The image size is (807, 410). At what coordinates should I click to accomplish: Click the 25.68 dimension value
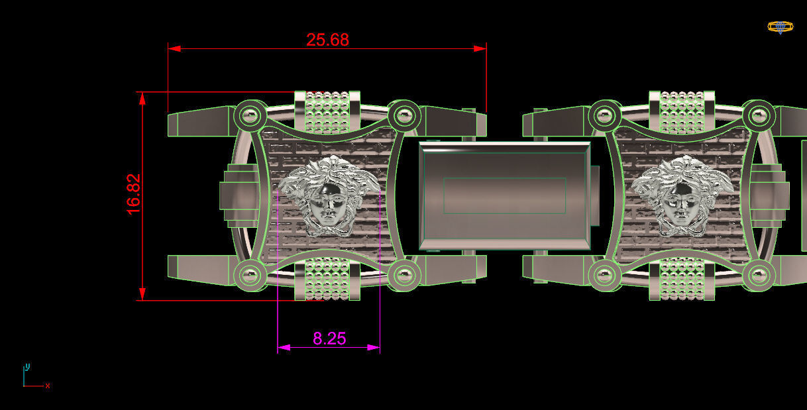(327, 40)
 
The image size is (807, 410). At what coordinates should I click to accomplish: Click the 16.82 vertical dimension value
(134, 194)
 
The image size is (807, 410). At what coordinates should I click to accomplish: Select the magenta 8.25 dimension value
(329, 338)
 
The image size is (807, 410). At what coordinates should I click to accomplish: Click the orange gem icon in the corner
(780, 27)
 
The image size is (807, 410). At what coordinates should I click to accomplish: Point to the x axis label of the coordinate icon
(48, 385)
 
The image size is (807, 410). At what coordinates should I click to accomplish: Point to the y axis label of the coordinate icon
(27, 366)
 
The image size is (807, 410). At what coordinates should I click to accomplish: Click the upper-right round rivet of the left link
(403, 117)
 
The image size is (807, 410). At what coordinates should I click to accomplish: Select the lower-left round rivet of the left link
(250, 274)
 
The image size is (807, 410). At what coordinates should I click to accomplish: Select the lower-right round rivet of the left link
(403, 274)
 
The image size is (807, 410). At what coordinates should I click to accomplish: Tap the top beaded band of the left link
(327, 111)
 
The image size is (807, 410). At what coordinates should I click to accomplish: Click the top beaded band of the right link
(682, 111)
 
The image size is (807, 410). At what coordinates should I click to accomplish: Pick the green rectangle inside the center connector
(504, 195)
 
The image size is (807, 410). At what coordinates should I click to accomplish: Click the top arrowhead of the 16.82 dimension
(142, 99)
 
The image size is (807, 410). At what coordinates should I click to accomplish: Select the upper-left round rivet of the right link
(604, 117)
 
